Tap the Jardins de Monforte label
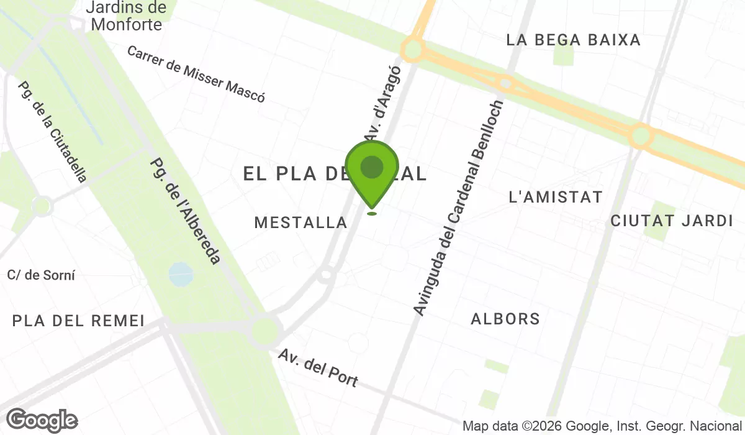pos(126,16)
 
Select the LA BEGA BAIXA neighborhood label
pos(573,40)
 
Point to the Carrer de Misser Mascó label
pos(196,73)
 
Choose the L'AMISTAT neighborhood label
pos(555,198)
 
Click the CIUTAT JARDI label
pos(672,221)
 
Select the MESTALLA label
pos(300,222)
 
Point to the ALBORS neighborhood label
pos(505,319)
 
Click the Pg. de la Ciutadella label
pos(53,132)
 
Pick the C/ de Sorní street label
pos(41,275)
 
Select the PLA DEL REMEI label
pos(78,321)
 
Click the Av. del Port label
pos(318,368)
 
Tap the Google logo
pos(42,421)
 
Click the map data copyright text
pos(602,426)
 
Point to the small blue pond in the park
pos(181,273)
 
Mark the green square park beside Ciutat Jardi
pos(659,221)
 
